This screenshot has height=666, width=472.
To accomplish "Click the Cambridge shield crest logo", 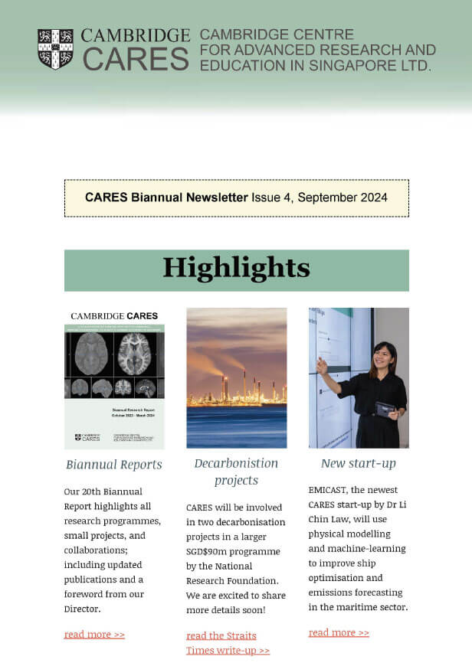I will click(x=55, y=49).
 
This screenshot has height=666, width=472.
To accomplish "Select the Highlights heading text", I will click(x=236, y=268).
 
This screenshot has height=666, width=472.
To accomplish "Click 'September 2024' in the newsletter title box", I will click(x=342, y=198).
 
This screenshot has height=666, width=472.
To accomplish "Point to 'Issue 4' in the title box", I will click(x=270, y=198).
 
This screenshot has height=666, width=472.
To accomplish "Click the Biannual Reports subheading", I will click(x=114, y=465).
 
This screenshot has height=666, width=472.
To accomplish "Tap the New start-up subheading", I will click(x=358, y=464).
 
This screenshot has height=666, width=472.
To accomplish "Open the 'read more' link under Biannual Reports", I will click(x=94, y=634).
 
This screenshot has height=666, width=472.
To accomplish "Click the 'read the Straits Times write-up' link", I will click(x=228, y=643).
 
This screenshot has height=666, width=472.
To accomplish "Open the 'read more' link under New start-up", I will click(x=339, y=632).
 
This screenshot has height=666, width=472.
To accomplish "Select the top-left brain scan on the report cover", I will click(x=91, y=353).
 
